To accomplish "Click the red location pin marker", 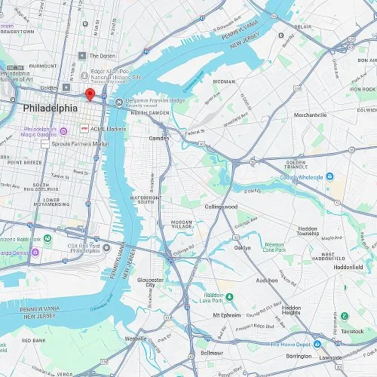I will [x=90, y=94].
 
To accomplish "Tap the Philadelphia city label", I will [x=50, y=109].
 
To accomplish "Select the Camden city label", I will [x=160, y=139].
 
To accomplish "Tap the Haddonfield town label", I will [x=348, y=267].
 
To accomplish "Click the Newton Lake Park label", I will [x=274, y=247].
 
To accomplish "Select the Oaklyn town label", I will [x=242, y=247].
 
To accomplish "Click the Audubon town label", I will [x=267, y=280].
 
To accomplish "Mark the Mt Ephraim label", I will [x=226, y=315].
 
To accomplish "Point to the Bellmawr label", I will [x=213, y=352].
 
